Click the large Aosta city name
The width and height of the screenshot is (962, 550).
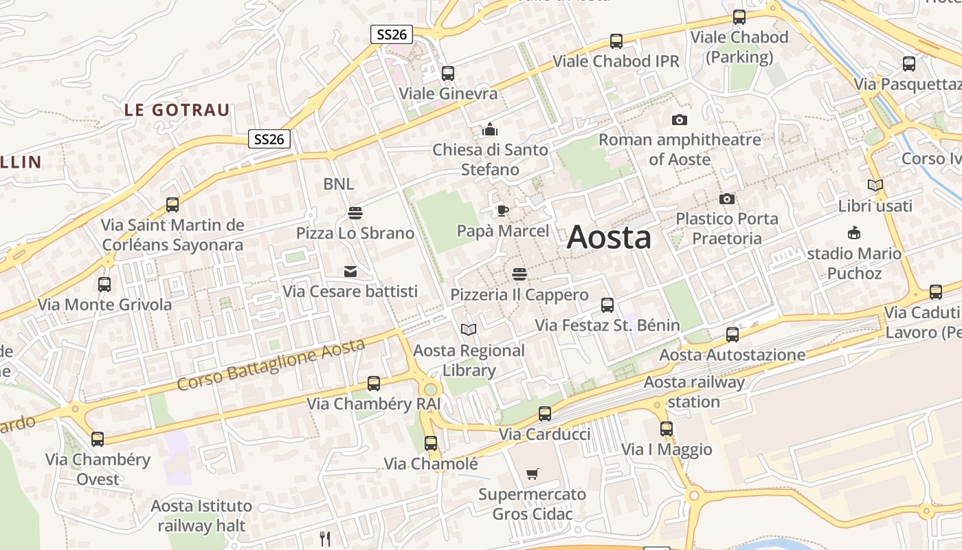point(609,238)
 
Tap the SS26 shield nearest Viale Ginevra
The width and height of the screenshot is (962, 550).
point(391,34)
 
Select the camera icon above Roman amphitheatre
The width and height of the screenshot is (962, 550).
point(679,120)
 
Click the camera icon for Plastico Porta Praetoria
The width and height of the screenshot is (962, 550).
point(726,199)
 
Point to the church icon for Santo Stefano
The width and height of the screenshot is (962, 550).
point(489,129)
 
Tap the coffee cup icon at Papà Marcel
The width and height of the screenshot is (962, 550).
point(503,210)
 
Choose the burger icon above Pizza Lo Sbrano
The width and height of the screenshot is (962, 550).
point(355,213)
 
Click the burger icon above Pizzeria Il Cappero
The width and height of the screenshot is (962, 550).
point(519,274)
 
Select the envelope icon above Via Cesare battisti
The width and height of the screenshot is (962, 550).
point(350,271)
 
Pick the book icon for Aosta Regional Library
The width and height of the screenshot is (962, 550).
point(469,330)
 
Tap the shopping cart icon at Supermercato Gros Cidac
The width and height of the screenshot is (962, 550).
point(532,474)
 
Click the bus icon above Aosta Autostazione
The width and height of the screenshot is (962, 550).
point(732,335)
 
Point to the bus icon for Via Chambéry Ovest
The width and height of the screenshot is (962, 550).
point(98,439)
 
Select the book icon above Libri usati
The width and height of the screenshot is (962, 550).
point(875,185)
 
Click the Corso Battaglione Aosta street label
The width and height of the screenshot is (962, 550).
point(271,365)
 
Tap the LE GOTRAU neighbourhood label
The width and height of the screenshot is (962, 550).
point(177,110)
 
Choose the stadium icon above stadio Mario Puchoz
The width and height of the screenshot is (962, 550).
point(853,233)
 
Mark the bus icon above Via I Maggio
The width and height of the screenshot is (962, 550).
point(667,429)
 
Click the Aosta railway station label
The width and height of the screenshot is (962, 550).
point(694,392)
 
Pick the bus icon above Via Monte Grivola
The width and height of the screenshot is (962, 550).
point(104,284)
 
